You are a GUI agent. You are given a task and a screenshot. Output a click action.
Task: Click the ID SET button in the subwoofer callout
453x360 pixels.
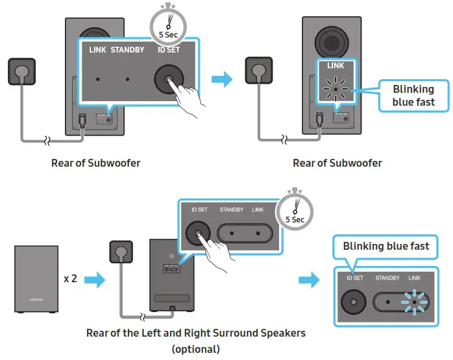167,80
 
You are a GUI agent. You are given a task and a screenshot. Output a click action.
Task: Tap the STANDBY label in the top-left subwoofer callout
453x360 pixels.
127,50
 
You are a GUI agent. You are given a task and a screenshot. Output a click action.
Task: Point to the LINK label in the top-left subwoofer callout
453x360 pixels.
97,50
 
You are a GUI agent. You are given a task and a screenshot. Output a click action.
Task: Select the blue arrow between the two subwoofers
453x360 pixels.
223,80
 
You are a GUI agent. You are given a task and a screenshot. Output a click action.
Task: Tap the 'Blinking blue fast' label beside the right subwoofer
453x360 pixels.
413,95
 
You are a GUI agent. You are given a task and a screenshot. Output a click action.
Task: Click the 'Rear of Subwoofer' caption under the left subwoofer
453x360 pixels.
95,163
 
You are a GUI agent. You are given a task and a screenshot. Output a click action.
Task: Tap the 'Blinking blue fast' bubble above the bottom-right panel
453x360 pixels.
386,246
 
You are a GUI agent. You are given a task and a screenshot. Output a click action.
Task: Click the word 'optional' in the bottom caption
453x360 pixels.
196,349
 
